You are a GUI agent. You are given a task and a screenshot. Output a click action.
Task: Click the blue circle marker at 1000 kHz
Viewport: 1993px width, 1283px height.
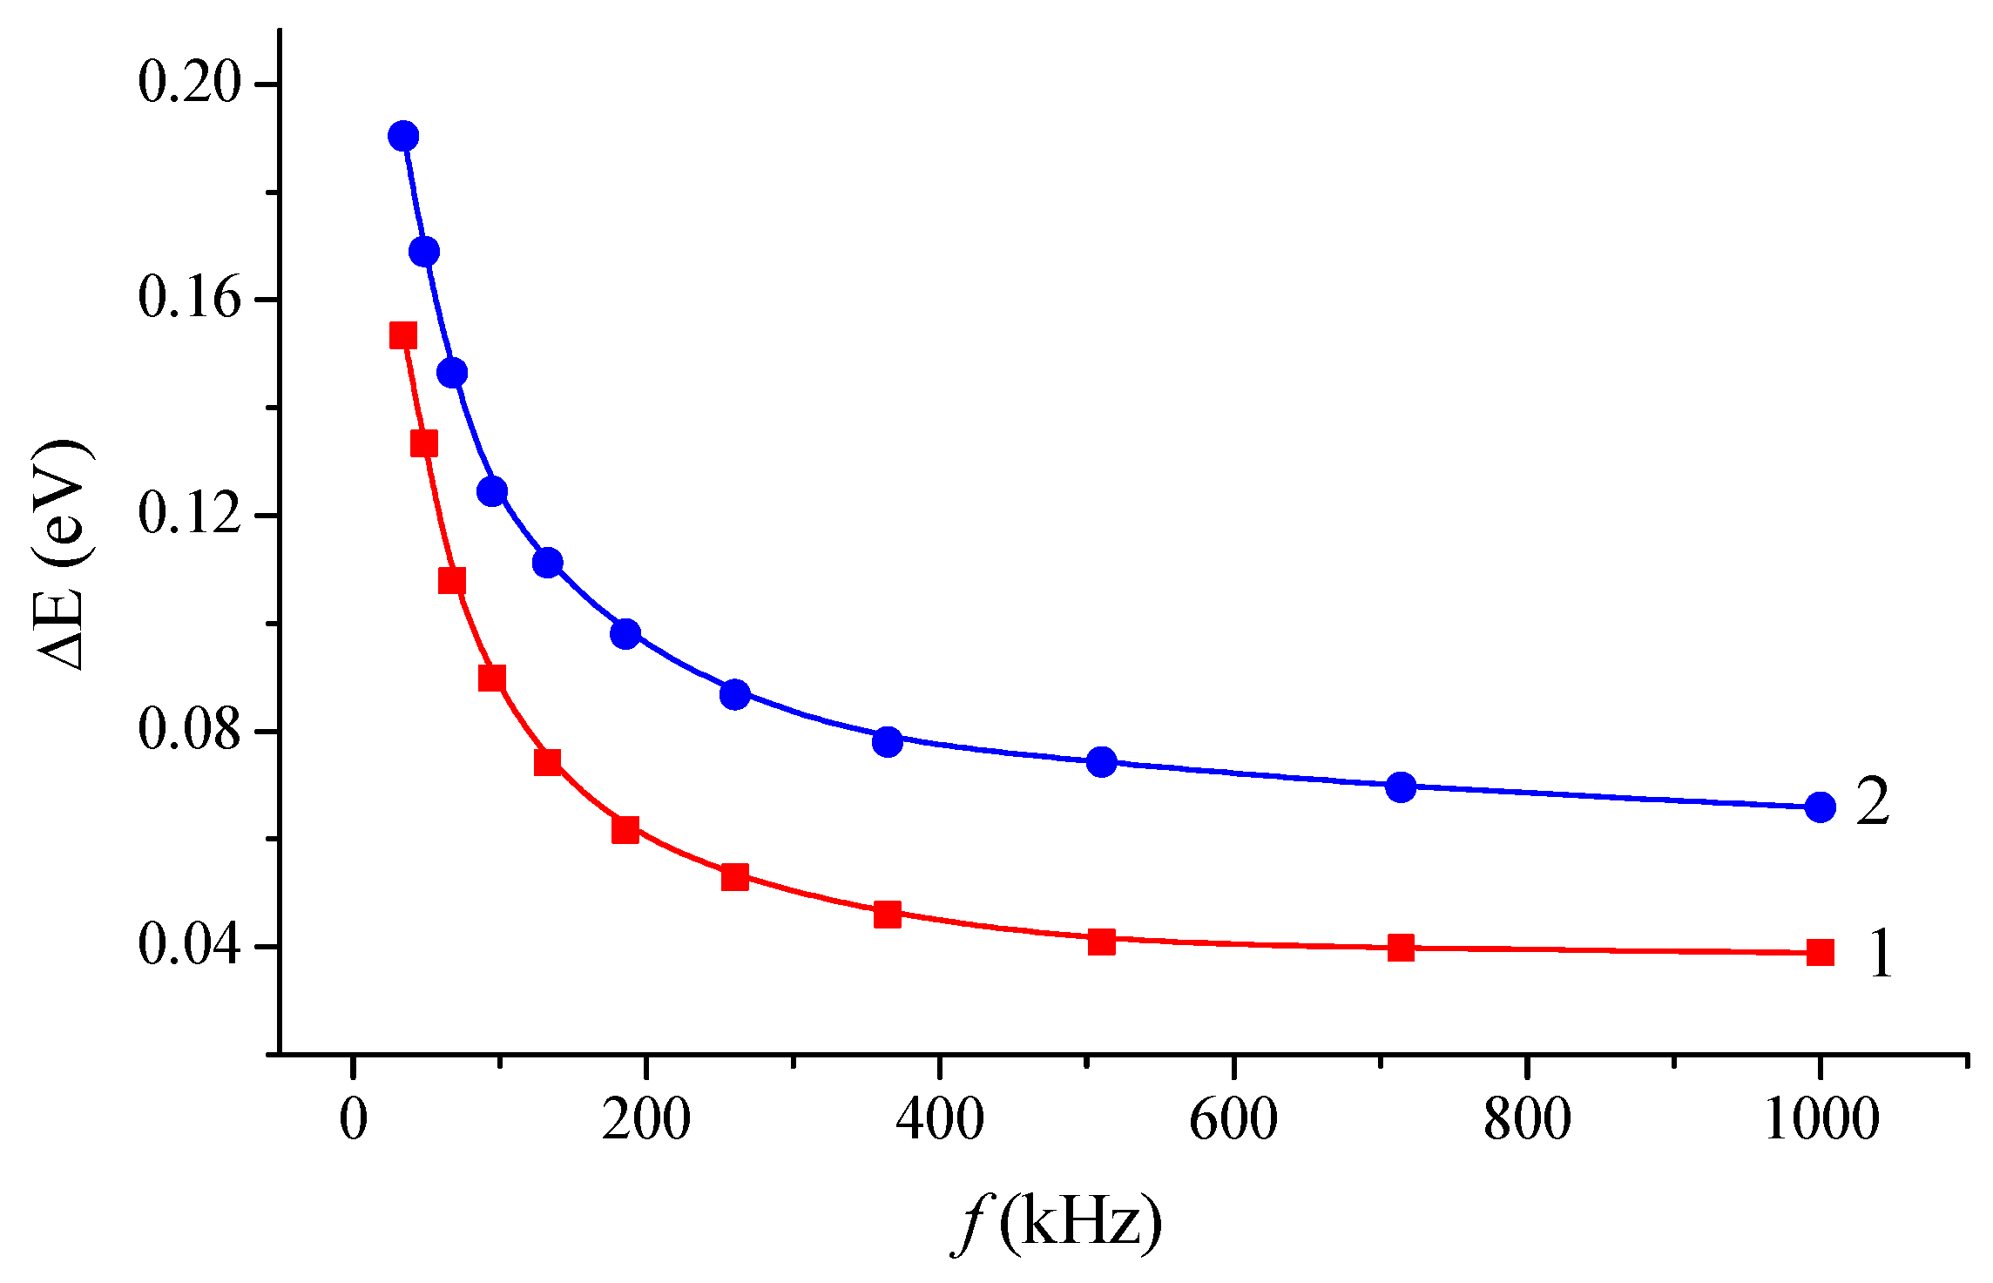(x=1820, y=807)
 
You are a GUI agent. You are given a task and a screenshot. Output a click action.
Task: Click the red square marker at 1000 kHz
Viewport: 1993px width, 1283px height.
(x=1820, y=952)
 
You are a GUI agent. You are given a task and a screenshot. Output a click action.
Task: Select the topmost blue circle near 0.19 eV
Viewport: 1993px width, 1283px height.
(x=402, y=136)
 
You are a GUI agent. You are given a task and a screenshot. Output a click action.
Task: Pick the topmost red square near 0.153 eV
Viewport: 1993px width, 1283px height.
(x=402, y=335)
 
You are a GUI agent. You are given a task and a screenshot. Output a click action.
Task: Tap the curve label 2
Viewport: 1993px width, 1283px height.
(x=1872, y=801)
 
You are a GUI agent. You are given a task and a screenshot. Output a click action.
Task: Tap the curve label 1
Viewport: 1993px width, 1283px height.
(x=1880, y=954)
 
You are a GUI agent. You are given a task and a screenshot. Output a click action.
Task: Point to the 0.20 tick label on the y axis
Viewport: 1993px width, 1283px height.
(x=188, y=84)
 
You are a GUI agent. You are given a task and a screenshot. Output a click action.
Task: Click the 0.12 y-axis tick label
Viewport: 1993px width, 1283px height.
(x=188, y=515)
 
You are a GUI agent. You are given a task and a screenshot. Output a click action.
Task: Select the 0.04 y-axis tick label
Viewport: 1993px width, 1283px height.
(x=188, y=946)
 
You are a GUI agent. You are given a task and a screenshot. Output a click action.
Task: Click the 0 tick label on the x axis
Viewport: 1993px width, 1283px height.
(x=353, y=1120)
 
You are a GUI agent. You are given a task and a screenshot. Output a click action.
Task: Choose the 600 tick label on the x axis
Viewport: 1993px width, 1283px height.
(x=1233, y=1120)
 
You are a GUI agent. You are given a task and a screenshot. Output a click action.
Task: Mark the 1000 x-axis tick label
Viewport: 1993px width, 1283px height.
(x=1821, y=1120)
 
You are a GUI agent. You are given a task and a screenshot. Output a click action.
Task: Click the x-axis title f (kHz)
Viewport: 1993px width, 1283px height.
(x=1057, y=1224)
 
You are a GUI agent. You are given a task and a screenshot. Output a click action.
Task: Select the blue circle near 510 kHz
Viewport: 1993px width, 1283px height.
(x=1102, y=762)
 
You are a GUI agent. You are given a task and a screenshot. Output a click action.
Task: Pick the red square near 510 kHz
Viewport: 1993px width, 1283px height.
(x=1102, y=942)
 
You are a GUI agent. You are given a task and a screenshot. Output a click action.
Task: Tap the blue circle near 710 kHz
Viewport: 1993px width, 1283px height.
(x=1401, y=787)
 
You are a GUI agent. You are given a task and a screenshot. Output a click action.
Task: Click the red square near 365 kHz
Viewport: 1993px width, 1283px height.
(x=888, y=915)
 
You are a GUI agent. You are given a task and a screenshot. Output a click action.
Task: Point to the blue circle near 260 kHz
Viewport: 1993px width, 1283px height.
(x=735, y=694)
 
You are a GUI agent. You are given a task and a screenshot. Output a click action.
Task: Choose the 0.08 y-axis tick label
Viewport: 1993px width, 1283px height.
(x=188, y=731)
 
